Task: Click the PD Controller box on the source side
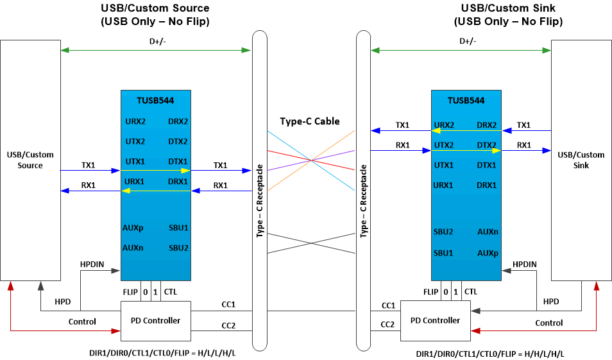pyautogui.click(x=156, y=320)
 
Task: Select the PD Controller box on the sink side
pyautogui.click(x=435, y=320)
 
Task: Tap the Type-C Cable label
pyautogui.click(x=309, y=121)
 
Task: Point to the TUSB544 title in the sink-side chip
pyautogui.click(x=466, y=101)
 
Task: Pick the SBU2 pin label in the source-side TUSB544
pyautogui.click(x=178, y=248)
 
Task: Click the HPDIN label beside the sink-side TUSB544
pyautogui.click(x=524, y=264)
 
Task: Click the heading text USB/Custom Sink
pyautogui.click(x=508, y=8)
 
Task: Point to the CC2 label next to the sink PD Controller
pyautogui.click(x=388, y=325)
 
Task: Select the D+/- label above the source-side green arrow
pyautogui.click(x=155, y=42)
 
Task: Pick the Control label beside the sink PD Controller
pyautogui.click(x=548, y=323)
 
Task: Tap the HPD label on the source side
pyautogui.click(x=63, y=302)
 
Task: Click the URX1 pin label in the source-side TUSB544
pyautogui.click(x=135, y=182)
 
